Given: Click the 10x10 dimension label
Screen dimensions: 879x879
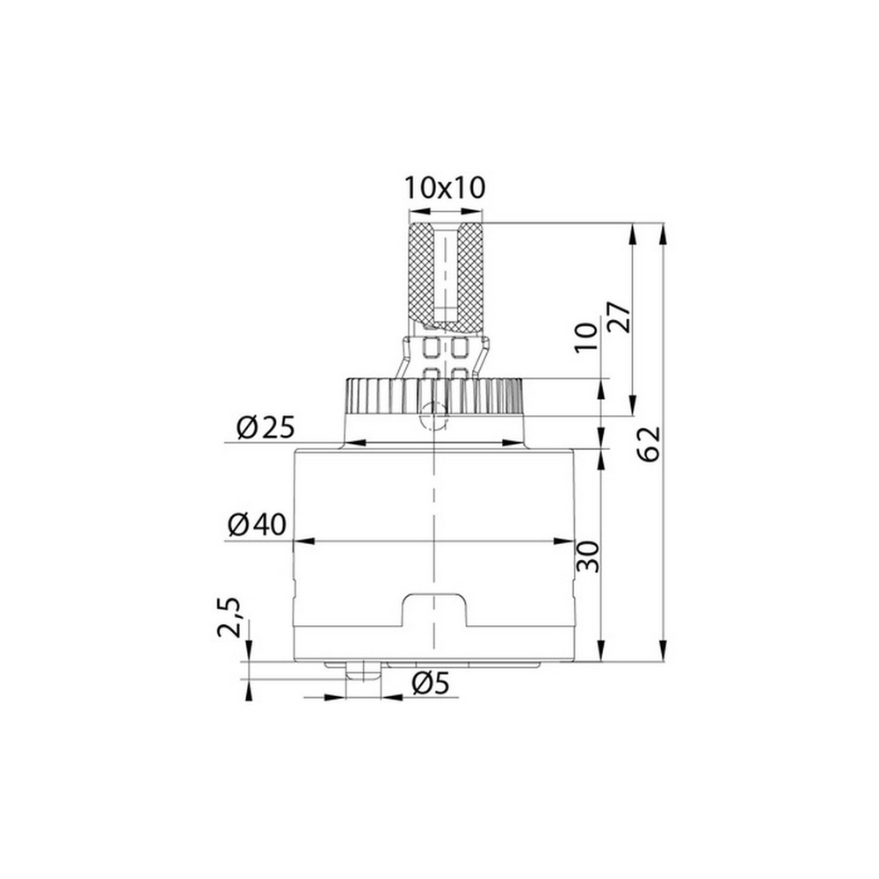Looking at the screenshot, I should (445, 187).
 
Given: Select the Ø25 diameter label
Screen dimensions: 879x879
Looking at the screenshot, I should (265, 428).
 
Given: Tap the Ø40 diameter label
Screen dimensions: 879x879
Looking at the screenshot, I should (257, 526).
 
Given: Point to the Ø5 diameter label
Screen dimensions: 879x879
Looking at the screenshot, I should (430, 683).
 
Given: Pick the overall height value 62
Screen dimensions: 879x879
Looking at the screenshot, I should (649, 444).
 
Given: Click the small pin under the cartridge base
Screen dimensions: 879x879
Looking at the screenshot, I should (363, 672).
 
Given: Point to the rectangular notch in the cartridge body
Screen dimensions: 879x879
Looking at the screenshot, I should (433, 611).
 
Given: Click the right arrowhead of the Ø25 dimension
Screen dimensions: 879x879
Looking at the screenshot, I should (516, 442).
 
